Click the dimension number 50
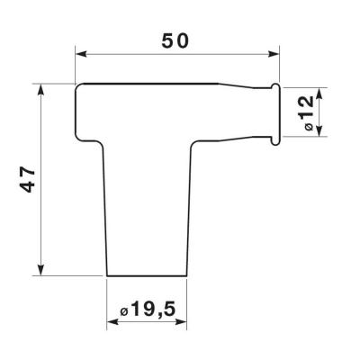coord(175,41)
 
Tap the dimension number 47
coord(29,179)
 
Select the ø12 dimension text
coord(308,112)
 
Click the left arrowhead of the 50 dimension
coord(81,54)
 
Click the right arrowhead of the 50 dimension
coord(274,54)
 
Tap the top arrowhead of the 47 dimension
coord(41,90)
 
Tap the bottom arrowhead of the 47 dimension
coord(41,269)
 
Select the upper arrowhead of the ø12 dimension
coord(319,94)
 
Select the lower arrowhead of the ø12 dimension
coord(319,130)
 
